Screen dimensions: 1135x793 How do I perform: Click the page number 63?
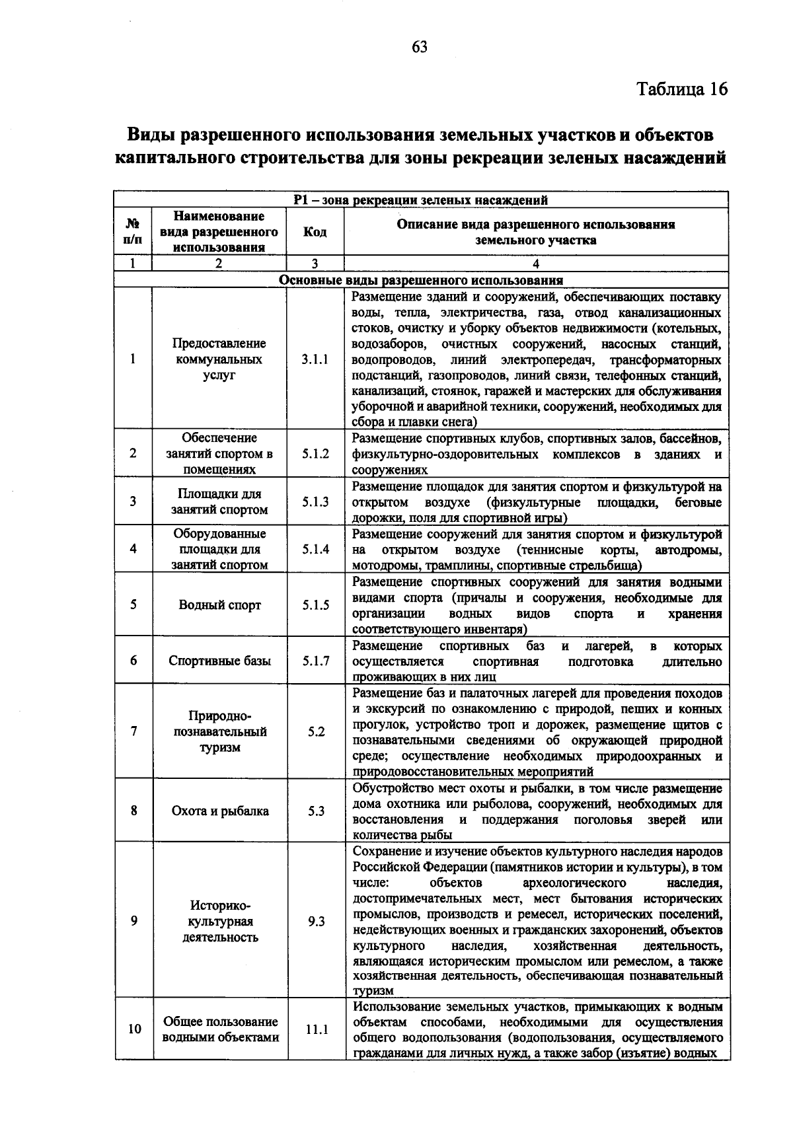(x=420, y=47)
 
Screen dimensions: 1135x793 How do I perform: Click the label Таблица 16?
(x=682, y=89)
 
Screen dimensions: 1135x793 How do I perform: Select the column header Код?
(x=315, y=232)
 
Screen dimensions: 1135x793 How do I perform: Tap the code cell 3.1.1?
(x=315, y=359)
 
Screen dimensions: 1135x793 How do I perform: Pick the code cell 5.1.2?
(x=315, y=454)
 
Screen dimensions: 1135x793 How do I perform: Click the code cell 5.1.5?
(x=315, y=605)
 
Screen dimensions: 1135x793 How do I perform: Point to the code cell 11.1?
(x=317, y=1029)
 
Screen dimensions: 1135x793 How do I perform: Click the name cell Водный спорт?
(x=219, y=605)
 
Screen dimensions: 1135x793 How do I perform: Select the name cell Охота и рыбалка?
(x=220, y=811)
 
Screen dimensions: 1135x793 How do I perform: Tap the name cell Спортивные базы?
(x=219, y=661)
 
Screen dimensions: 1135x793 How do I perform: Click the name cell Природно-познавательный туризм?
(x=220, y=732)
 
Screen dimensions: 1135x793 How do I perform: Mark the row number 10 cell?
(x=134, y=1029)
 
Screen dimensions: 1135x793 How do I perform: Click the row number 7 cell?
(x=133, y=731)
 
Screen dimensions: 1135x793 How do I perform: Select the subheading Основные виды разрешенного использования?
(x=421, y=280)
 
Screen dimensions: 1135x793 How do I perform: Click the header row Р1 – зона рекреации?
(x=421, y=200)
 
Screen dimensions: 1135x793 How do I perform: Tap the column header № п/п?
(x=133, y=232)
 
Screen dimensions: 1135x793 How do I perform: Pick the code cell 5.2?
(x=316, y=732)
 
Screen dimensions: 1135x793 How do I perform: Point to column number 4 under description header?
(x=536, y=264)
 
